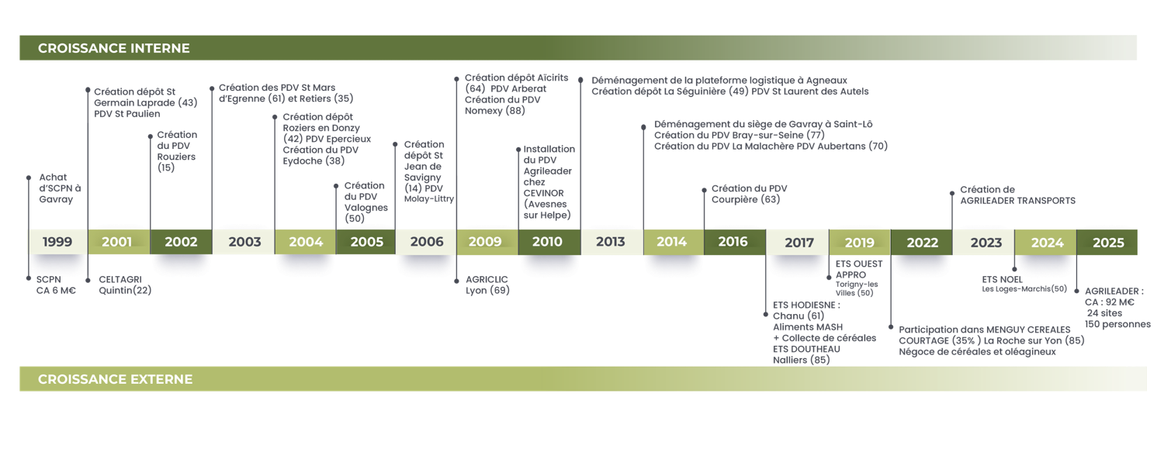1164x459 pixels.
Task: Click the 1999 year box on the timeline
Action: pyautogui.click(x=57, y=242)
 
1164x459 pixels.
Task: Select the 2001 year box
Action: pyautogui.click(x=117, y=242)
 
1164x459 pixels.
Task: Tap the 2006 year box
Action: pyautogui.click(x=427, y=242)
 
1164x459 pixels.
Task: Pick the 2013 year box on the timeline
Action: pyautogui.click(x=611, y=242)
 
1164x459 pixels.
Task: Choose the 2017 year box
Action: pyautogui.click(x=799, y=243)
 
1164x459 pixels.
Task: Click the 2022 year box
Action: pyautogui.click(x=922, y=243)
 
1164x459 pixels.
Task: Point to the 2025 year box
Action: pyautogui.click(x=1108, y=243)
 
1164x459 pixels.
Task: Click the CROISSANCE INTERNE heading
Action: pyautogui.click(x=113, y=48)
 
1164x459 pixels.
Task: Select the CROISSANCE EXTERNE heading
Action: pyautogui.click(x=115, y=379)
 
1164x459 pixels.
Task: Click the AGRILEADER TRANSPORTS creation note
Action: pyautogui.click(x=1017, y=195)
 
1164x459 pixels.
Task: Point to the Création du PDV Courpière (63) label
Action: pyautogui.click(x=749, y=194)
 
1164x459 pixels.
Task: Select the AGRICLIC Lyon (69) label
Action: pyautogui.click(x=487, y=285)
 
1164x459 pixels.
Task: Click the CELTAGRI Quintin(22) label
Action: pyautogui.click(x=124, y=285)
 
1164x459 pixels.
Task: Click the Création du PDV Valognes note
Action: pyautogui.click(x=365, y=202)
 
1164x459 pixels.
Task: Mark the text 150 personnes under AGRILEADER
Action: pyautogui.click(x=1117, y=324)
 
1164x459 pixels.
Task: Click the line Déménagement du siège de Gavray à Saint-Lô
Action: pyautogui.click(x=764, y=124)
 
